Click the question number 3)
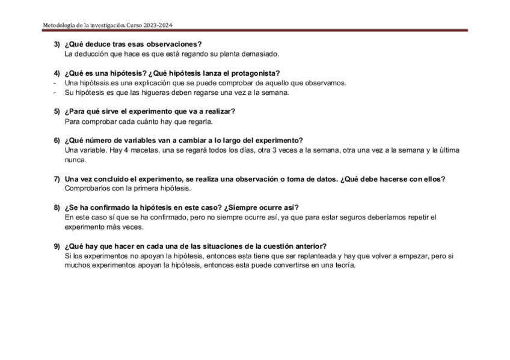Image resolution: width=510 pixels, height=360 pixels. point(57,44)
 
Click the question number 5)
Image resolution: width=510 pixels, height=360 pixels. point(57,112)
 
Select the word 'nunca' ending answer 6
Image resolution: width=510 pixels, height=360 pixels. point(75,160)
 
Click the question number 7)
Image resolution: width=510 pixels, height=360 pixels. point(57,179)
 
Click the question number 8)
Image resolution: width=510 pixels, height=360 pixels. point(57,208)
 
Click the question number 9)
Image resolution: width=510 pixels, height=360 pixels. point(57,246)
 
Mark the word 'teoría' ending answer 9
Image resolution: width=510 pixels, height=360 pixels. point(345,266)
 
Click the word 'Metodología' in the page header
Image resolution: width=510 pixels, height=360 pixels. point(60,25)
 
